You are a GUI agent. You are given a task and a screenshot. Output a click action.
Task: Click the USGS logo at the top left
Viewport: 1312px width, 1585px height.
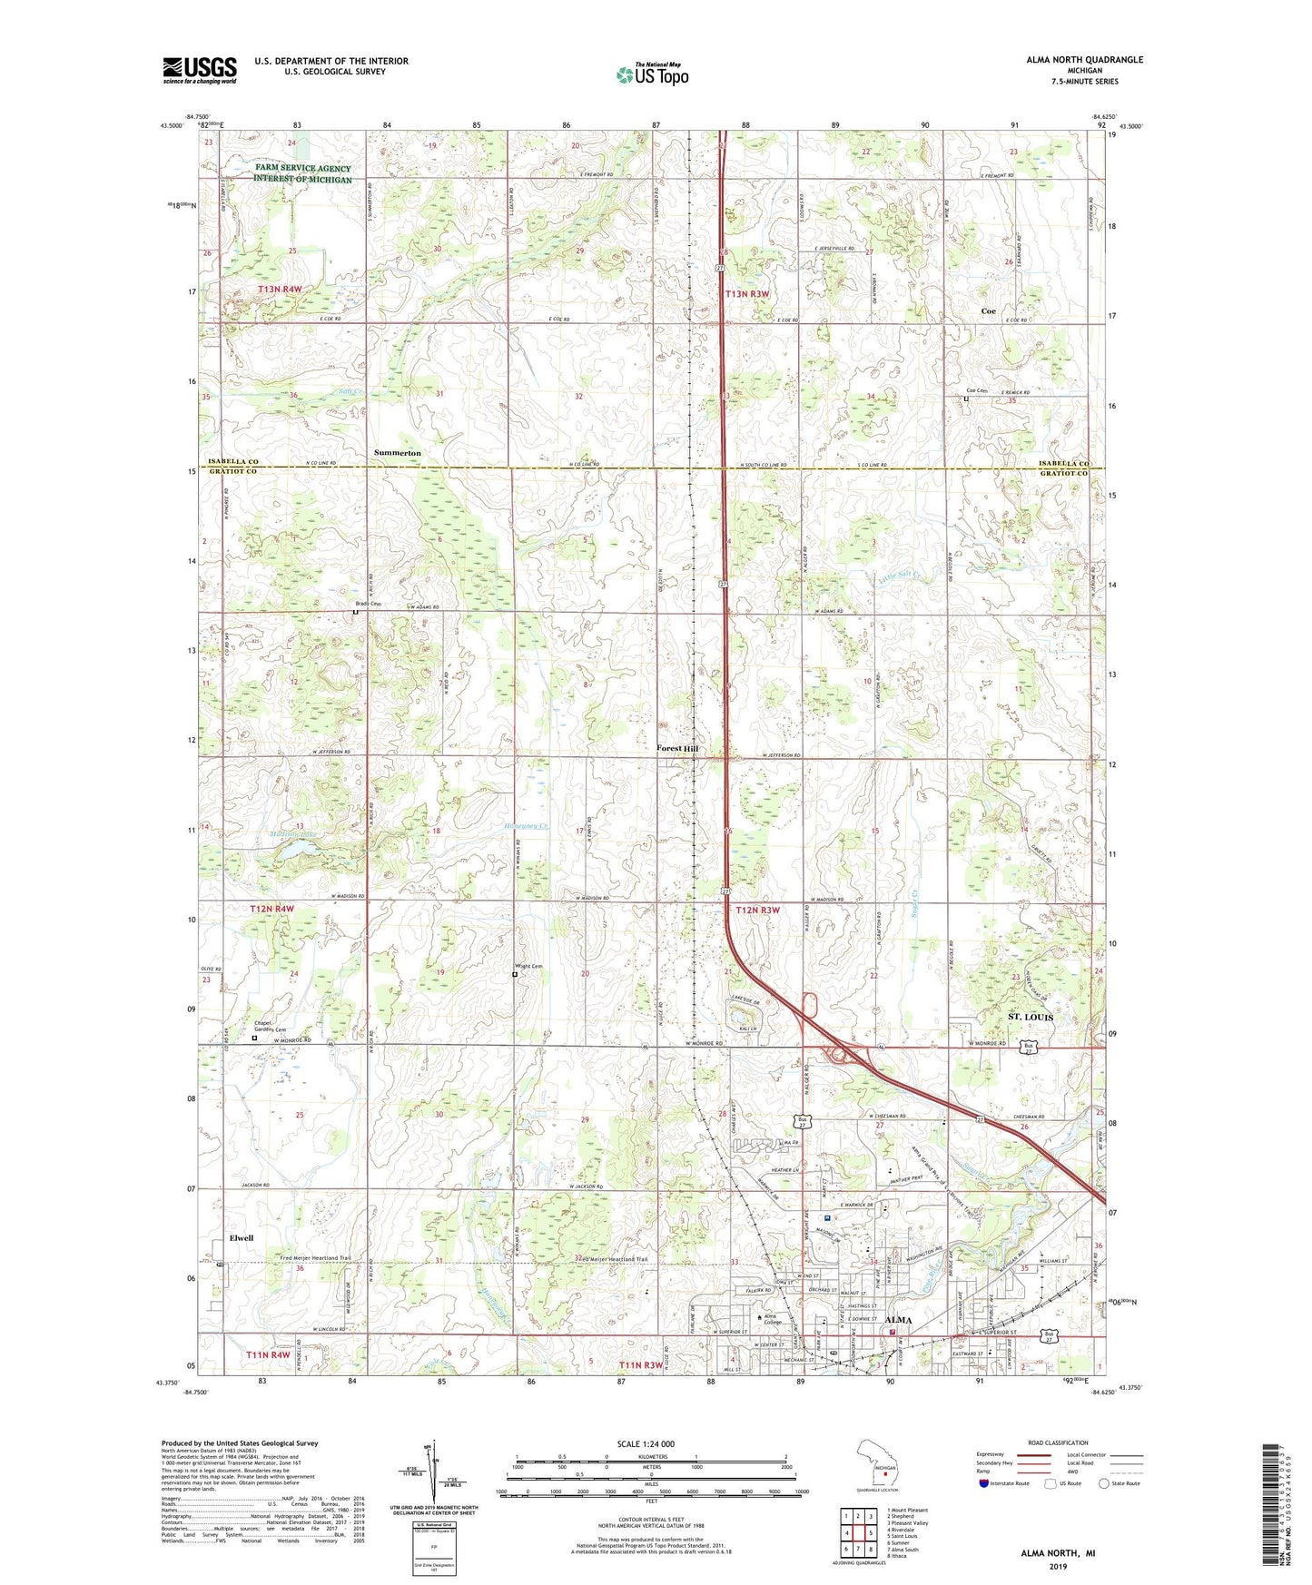click(199, 70)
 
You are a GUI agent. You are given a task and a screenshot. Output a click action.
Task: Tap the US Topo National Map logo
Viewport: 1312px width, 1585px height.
click(652, 74)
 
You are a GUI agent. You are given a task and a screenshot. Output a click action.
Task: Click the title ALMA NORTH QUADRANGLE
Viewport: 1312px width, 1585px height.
click(1084, 60)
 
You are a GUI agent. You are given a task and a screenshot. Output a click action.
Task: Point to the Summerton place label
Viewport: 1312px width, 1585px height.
click(397, 452)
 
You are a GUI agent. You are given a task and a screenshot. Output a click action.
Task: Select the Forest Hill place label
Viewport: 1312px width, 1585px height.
click(678, 748)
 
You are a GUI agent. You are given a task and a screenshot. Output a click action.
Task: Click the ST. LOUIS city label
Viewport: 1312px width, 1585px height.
click(1031, 1018)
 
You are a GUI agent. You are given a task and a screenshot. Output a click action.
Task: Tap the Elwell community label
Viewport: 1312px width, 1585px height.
click(242, 1237)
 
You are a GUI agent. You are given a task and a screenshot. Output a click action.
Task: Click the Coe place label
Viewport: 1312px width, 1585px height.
click(988, 311)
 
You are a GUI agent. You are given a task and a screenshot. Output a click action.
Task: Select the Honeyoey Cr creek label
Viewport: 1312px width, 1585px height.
click(527, 826)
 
